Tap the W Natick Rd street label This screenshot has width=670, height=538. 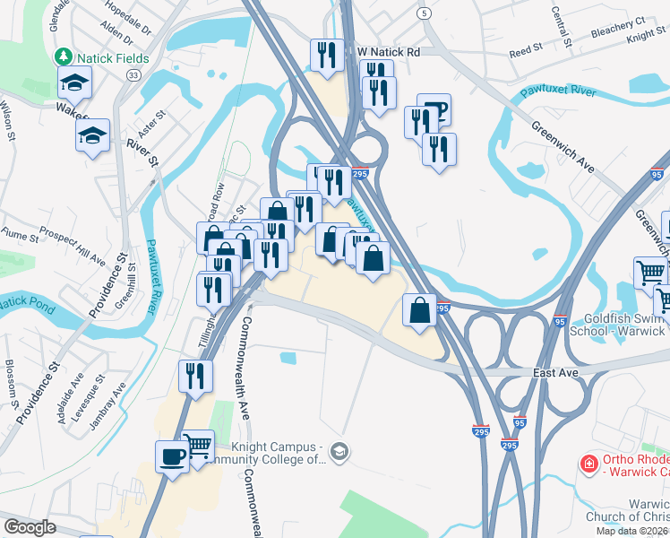coord(388,53)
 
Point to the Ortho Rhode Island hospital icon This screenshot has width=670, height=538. coord(588,464)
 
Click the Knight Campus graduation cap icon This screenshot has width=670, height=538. coord(338,450)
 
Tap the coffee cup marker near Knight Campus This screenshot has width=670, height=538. coord(172,456)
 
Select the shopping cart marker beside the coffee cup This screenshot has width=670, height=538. coord(198,446)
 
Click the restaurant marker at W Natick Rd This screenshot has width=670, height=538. coord(326,55)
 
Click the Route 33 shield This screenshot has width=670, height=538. coord(133,76)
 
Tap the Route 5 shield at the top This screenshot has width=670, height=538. coord(424,13)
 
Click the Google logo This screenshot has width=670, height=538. coord(30,527)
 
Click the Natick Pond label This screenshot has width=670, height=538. coord(25,303)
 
